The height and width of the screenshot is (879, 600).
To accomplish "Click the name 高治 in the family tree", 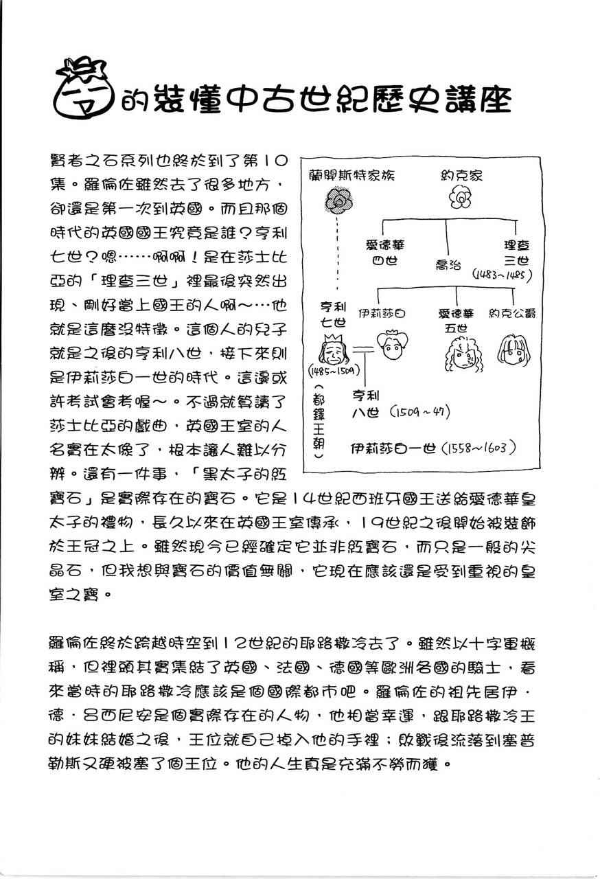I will click(x=448, y=263).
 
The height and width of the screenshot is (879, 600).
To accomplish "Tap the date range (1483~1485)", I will click(x=503, y=275).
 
